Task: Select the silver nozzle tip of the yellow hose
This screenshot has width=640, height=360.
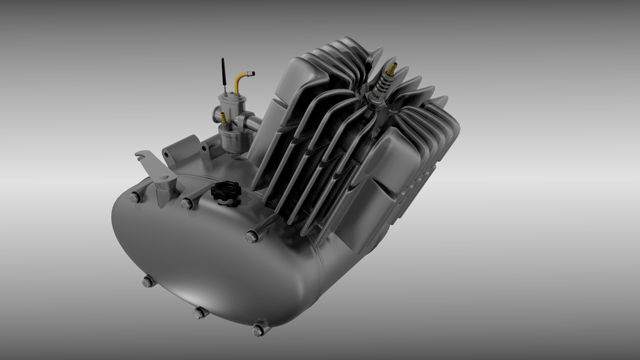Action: click(x=252, y=72)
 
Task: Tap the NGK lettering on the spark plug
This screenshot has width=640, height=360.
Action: click(x=377, y=96)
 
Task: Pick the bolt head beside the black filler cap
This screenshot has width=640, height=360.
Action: click(x=186, y=202)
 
